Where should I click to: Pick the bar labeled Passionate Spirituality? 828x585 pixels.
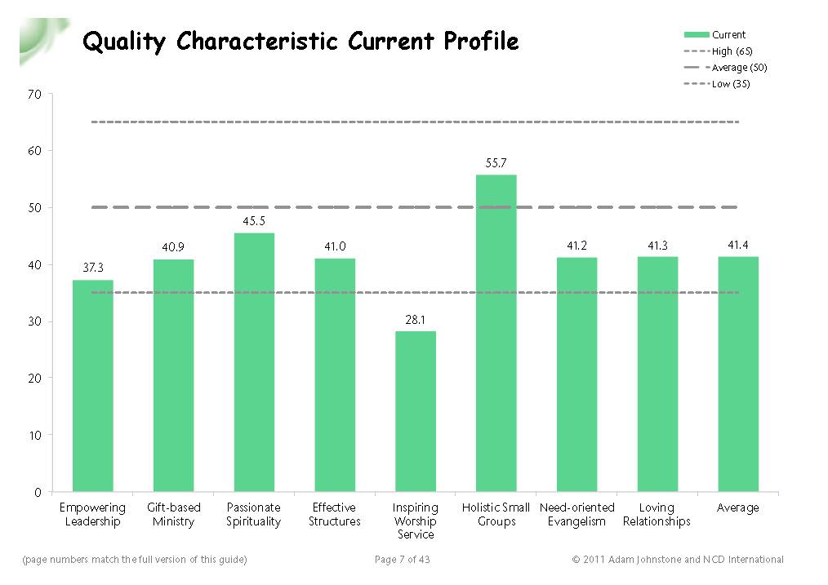pos(254,362)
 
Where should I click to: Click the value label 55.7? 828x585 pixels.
pos(496,163)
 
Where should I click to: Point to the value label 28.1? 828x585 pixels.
pos(416,320)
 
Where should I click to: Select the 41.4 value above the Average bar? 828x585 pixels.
pos(737,245)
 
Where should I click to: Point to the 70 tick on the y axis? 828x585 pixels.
pos(34,95)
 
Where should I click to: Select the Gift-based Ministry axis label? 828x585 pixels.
pos(173,514)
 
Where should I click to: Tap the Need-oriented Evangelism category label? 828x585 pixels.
pos(576,514)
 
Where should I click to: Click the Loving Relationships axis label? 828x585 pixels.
pos(657,514)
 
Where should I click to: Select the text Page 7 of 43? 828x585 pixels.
pos(402,560)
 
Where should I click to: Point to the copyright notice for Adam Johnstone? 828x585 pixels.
pos(677,560)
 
